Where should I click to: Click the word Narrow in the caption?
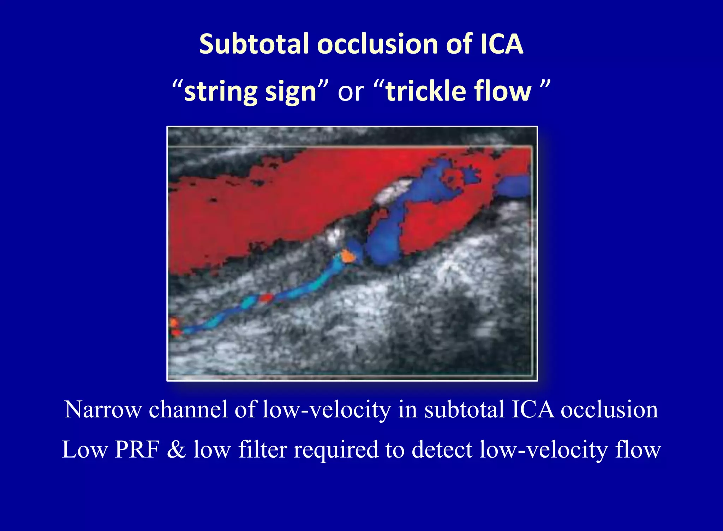pos(103,410)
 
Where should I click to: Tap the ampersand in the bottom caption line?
pos(176,450)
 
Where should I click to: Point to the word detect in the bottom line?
pos(442,450)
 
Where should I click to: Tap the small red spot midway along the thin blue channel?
pos(266,298)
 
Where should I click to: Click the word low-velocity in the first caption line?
pos(327,410)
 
